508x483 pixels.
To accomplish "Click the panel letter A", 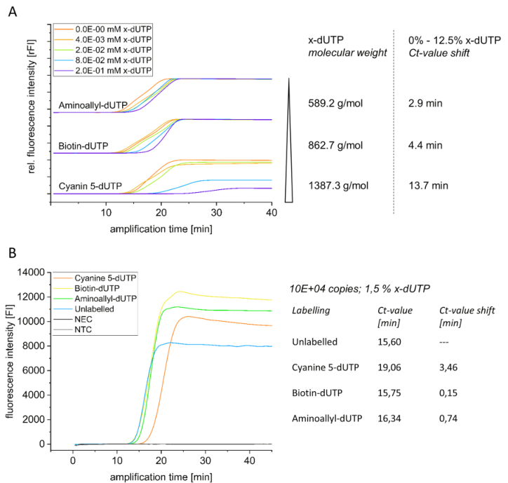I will (12, 12).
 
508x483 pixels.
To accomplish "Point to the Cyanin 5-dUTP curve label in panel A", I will (90, 187).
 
